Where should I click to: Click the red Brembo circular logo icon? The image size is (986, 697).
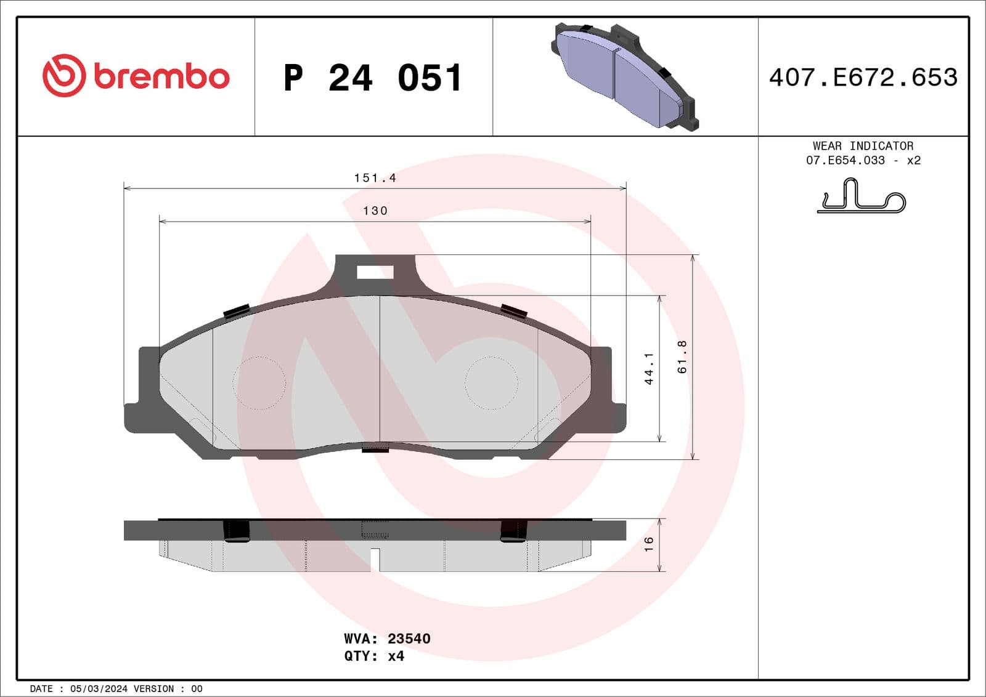point(63,76)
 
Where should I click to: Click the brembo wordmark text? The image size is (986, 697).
point(161,76)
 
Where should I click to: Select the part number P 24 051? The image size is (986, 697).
point(373,78)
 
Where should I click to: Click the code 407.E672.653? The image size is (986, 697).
point(863,78)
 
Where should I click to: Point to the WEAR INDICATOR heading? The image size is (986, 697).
point(863,146)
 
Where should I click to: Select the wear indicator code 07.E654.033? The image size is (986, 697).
point(845,160)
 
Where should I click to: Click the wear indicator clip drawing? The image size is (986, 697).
point(862,197)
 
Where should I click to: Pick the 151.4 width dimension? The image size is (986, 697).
point(375,178)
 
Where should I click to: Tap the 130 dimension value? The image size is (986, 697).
point(375,211)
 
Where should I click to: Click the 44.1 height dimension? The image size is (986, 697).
point(648,368)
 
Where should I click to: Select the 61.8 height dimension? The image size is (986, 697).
point(682,357)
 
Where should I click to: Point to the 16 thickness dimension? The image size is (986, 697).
point(648,544)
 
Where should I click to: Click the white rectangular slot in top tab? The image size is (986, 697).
point(375,272)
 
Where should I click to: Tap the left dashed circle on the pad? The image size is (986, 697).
point(259,383)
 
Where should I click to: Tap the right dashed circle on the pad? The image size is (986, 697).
point(491,383)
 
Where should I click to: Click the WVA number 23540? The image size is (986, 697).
point(409,639)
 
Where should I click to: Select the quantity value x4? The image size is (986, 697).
point(396,656)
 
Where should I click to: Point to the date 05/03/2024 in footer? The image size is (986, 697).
point(99,689)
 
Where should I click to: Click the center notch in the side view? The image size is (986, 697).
point(375,558)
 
